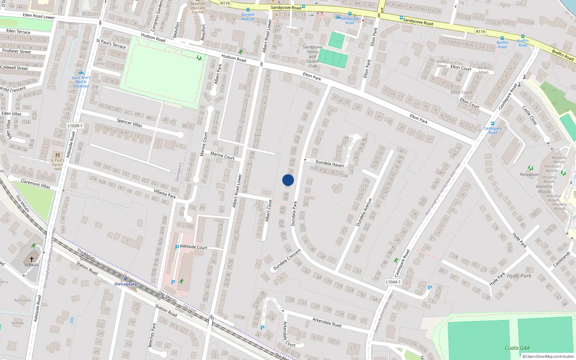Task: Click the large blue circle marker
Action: point(288,180)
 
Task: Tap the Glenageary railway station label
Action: point(125,284)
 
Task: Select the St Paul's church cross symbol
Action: point(32,259)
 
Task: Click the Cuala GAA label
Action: point(517,348)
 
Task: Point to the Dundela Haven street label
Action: point(330,164)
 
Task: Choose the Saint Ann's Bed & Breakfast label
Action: point(81,82)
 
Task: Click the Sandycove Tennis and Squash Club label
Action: point(312,57)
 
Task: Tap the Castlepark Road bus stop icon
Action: point(492,124)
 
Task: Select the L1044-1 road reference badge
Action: point(393,282)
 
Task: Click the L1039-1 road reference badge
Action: point(75,126)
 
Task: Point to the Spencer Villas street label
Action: point(129,123)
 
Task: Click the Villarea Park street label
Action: point(165,194)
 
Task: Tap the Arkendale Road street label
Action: point(327,322)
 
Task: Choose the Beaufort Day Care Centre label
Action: point(198,8)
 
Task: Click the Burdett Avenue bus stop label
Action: point(248,17)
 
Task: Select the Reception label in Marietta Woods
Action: point(529,175)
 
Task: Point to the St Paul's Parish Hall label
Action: point(58,165)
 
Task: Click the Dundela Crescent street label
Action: point(287,260)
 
